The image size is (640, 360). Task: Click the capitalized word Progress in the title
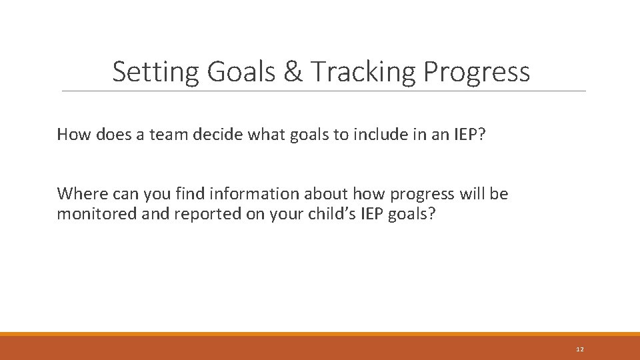tap(477, 72)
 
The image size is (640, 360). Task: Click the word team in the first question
tap(169, 135)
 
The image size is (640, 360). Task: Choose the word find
tap(191, 194)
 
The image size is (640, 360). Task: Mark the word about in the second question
tap(327, 194)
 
